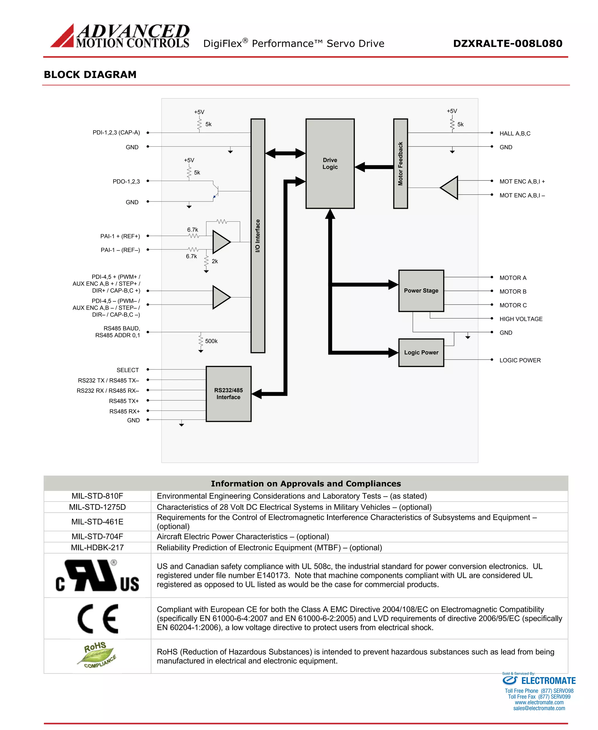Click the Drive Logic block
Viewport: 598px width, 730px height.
(330, 164)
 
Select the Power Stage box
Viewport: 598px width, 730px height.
(421, 291)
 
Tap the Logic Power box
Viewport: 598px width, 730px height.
(421, 352)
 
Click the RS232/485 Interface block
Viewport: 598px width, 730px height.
(228, 394)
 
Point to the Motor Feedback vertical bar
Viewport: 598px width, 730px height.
(400, 164)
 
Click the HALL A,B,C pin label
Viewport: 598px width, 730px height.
(515, 133)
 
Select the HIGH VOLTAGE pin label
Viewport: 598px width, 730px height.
(521, 319)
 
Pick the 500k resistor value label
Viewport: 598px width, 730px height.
(211, 341)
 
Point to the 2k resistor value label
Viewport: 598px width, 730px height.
(215, 261)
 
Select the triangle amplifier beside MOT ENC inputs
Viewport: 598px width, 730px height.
(450, 188)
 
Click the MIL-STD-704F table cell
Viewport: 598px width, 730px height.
(97, 536)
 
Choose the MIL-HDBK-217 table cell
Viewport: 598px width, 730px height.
(97, 547)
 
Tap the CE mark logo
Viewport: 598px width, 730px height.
(98, 618)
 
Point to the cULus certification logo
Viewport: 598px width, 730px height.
(97, 576)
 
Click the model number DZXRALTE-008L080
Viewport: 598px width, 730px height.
(507, 44)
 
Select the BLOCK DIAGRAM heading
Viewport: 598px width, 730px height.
(90, 74)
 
